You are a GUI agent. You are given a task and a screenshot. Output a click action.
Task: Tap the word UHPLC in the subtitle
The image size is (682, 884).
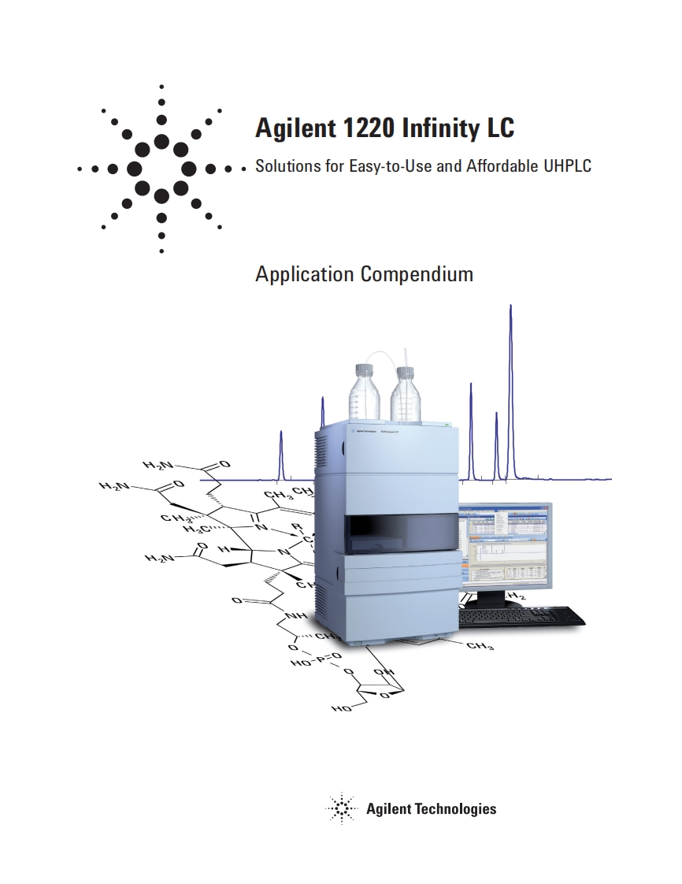pos(566,166)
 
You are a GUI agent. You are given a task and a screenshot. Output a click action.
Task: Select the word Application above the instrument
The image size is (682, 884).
pos(305,274)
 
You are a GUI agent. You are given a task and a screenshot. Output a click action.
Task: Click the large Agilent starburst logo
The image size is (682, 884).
pos(161,169)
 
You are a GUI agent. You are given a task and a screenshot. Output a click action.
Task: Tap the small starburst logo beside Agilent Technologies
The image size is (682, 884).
pos(341,808)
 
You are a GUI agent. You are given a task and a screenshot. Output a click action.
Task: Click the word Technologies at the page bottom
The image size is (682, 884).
pos(456,808)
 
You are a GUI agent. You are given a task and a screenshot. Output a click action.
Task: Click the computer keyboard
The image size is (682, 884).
pos(522,616)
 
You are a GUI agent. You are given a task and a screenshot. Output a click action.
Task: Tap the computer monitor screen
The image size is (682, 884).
pos(505,544)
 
